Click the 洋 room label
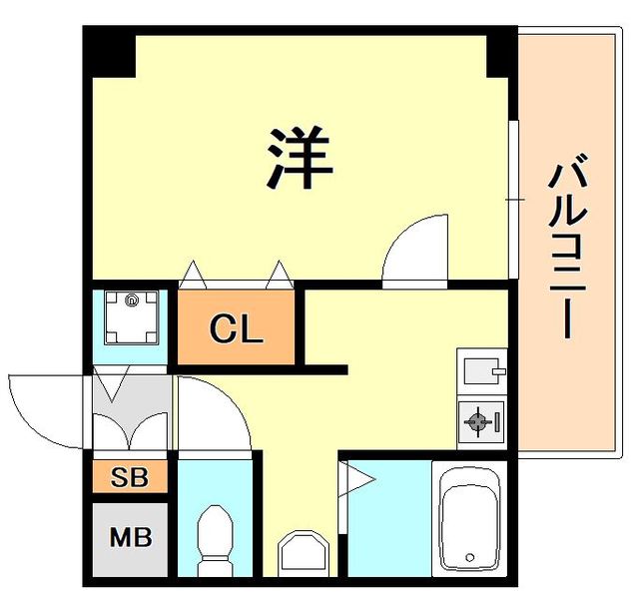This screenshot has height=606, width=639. [299, 160]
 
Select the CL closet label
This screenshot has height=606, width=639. [237, 328]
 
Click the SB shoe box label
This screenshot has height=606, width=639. [130, 478]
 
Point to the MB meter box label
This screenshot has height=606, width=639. [130, 538]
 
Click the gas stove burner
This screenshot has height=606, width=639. [478, 421]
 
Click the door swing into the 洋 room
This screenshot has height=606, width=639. [415, 250]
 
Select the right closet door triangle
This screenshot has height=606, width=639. [278, 271]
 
